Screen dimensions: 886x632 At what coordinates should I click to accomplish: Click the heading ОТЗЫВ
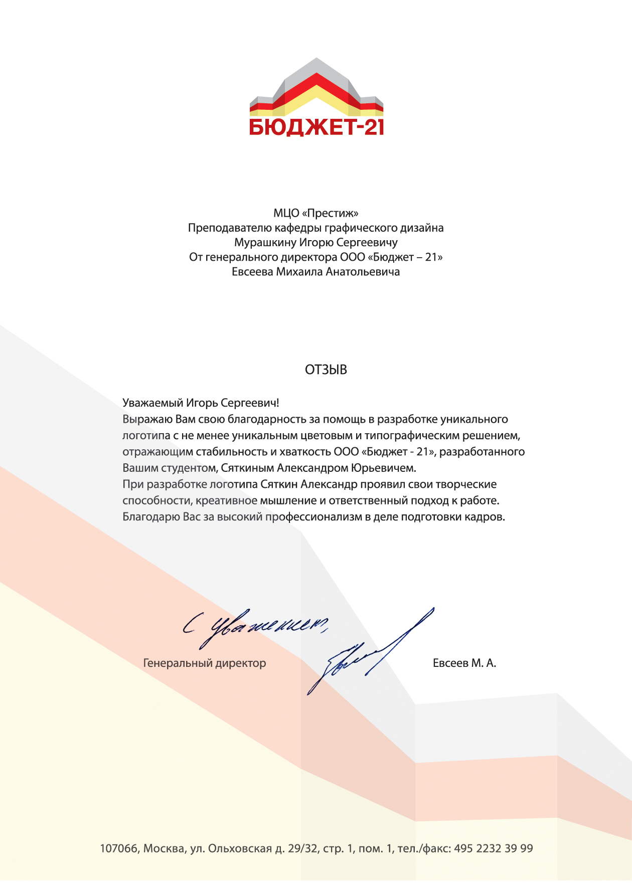tap(326, 370)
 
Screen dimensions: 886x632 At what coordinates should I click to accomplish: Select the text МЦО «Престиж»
tap(316, 213)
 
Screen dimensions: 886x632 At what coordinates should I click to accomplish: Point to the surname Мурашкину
tap(265, 243)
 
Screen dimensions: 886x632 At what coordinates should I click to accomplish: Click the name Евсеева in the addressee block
tap(252, 272)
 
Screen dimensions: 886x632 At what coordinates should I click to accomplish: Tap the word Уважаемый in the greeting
tap(152, 403)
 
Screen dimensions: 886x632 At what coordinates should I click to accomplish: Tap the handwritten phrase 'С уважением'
tap(256, 627)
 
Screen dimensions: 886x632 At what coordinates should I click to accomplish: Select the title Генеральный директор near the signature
tap(205, 663)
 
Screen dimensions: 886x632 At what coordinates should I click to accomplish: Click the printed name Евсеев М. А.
tap(464, 663)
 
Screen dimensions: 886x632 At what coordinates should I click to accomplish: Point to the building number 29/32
tap(302, 848)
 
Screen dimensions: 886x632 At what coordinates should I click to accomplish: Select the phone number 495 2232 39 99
tap(494, 848)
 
